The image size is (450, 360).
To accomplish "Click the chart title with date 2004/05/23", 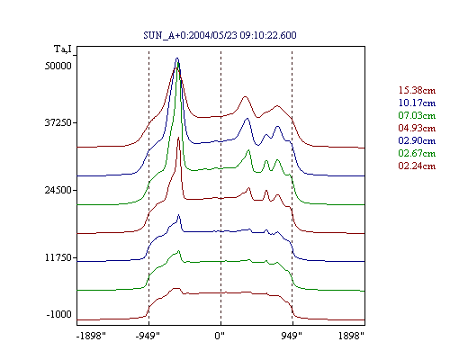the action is click(x=220, y=35).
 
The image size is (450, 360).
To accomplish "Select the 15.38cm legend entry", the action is click(x=417, y=90).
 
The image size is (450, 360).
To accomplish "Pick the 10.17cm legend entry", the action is click(x=417, y=103).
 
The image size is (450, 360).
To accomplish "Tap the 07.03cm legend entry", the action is click(x=417, y=115).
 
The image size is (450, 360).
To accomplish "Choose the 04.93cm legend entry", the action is click(x=417, y=128).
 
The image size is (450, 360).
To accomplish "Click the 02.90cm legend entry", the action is click(x=417, y=140).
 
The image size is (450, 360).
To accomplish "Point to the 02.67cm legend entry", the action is click(x=417, y=153).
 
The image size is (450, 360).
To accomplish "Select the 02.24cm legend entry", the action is click(x=417, y=166).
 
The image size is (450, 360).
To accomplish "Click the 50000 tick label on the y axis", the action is click(x=58, y=66).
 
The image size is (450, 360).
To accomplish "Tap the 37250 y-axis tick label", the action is click(x=58, y=122).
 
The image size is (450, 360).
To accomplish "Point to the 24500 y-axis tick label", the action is click(x=58, y=190).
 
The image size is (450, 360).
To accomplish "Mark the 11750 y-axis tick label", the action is click(x=58, y=257).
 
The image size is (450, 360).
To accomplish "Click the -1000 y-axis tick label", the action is click(x=59, y=314).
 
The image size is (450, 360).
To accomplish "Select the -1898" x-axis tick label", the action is click(x=91, y=336).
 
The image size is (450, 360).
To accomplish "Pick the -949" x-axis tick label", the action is click(x=148, y=336).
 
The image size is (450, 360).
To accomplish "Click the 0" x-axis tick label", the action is click(x=220, y=336).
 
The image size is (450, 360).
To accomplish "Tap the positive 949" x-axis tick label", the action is click(x=292, y=336).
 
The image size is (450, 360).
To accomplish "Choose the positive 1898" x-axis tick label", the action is click(x=351, y=336).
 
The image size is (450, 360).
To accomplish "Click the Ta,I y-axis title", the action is click(x=63, y=49).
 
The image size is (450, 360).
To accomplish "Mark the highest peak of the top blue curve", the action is click(x=177, y=58).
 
